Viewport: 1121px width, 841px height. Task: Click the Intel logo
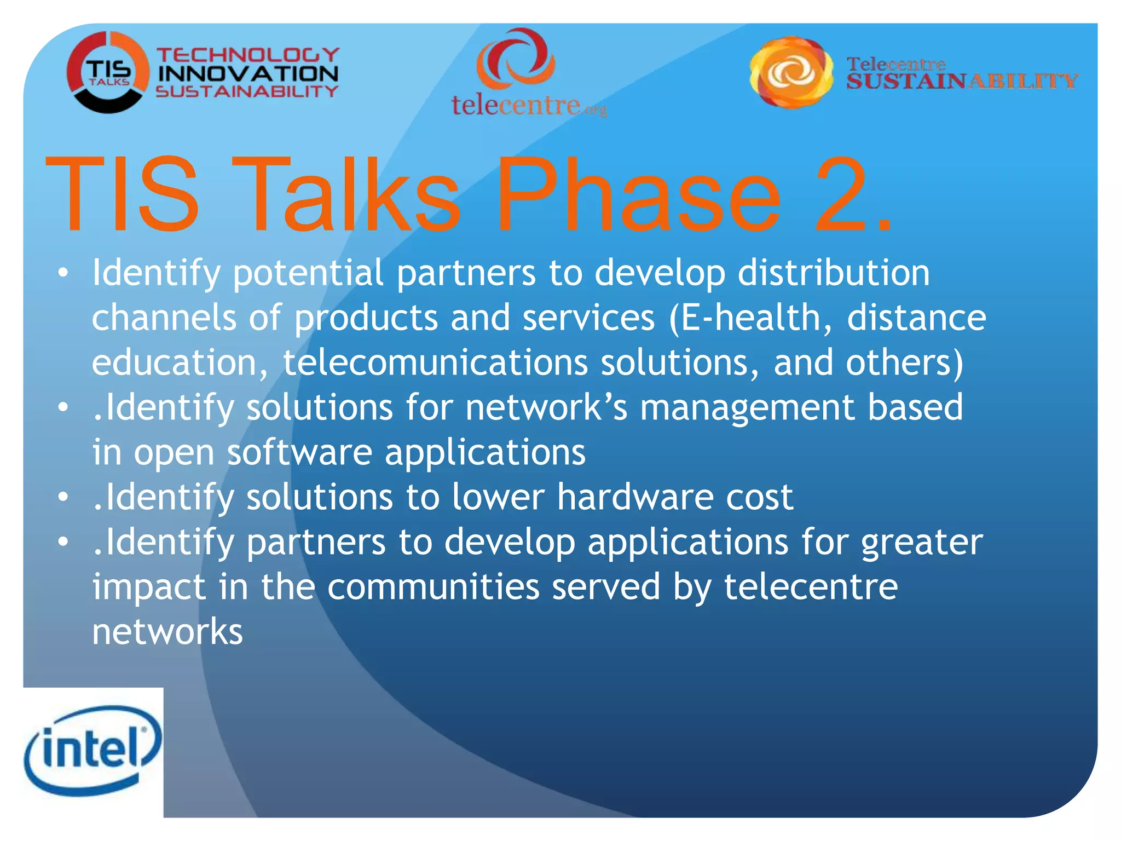tap(93, 750)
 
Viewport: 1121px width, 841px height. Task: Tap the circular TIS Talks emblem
tap(107, 73)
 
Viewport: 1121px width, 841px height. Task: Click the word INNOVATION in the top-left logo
tap(247, 73)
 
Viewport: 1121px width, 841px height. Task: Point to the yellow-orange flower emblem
tap(791, 73)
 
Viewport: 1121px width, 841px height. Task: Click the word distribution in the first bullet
tap(833, 273)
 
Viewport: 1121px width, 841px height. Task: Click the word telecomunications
tap(435, 362)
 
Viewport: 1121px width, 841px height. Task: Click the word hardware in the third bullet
tap(635, 497)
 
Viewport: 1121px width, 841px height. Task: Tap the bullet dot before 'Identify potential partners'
tap(63, 273)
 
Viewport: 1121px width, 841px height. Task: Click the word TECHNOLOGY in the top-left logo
tap(247, 55)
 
